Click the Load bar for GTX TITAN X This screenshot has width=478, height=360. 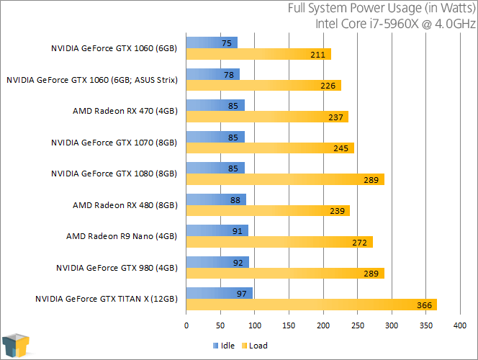311,305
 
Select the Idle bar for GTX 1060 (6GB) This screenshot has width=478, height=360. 212,42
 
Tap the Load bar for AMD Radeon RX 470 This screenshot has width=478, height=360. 267,117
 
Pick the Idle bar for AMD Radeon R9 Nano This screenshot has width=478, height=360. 217,230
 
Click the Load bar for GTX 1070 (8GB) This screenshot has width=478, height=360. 270,148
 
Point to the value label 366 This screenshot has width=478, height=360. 424,305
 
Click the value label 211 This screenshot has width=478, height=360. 319,54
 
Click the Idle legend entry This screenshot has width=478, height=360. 225,346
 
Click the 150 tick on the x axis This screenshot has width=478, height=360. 289,325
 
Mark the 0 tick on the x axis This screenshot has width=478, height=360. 186,325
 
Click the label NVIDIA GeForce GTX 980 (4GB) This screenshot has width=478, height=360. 116,268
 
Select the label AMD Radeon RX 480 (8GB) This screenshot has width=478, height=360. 125,205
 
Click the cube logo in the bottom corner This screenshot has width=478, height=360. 17,345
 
